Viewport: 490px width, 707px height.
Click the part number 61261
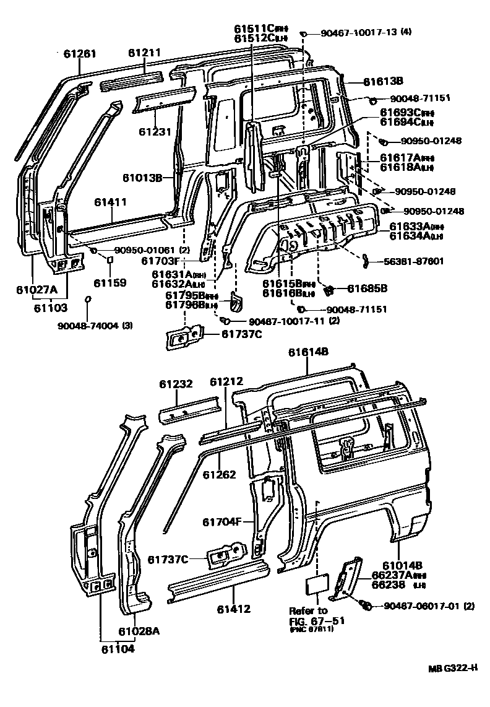click(80, 54)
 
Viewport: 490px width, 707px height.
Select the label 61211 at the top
click(145, 54)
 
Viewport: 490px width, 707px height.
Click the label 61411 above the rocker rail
click(111, 202)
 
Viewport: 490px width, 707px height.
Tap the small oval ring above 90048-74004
click(88, 300)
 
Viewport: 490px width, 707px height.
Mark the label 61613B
click(383, 80)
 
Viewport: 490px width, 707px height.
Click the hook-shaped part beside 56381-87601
click(366, 261)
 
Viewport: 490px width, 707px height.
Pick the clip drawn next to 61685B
click(329, 288)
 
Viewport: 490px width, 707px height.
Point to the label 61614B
click(308, 352)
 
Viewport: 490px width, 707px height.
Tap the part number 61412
click(233, 609)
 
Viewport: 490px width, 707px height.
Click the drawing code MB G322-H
click(454, 668)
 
